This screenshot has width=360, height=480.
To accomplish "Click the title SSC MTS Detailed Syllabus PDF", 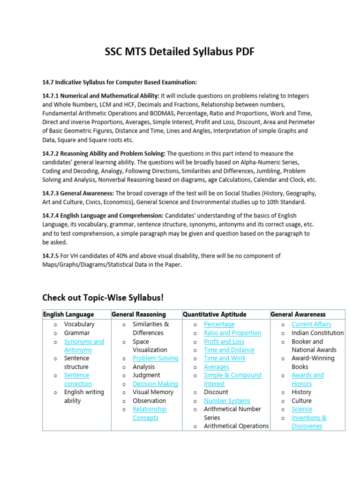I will click(180, 52).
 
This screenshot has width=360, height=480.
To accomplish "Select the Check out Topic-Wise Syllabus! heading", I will click(103, 298).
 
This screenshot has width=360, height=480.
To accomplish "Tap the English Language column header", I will click(68, 314).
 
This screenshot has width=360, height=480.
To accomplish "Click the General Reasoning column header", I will click(139, 314).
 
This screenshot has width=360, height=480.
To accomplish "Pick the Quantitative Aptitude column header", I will click(214, 314).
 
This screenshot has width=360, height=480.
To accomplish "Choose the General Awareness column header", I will click(298, 314).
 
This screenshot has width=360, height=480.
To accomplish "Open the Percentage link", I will click(219, 324).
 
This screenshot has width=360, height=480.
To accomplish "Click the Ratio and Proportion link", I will click(232, 333).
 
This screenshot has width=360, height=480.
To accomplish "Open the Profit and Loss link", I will click(224, 342).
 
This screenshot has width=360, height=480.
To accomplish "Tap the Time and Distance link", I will click(229, 350).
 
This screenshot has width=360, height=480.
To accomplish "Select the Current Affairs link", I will click(311, 324).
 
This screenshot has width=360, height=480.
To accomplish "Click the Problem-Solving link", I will click(155, 358).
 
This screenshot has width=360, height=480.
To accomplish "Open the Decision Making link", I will click(155, 384).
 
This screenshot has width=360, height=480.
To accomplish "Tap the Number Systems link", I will click(227, 401).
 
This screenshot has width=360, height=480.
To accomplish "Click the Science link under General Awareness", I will click(301, 409).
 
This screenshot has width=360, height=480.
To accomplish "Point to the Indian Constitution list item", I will click(317, 333).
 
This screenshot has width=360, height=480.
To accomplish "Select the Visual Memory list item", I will click(153, 392).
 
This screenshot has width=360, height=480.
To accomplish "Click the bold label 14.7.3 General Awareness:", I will click(78, 193).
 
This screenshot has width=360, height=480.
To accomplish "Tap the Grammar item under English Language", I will click(77, 333).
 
